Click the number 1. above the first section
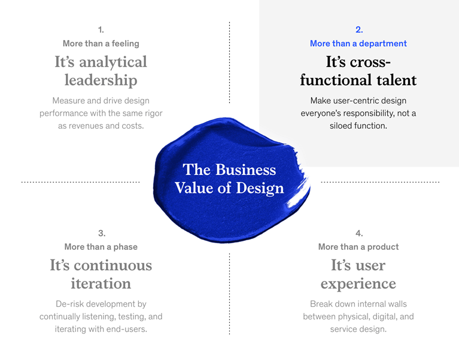pos(101,29)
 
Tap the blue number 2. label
pos(358,29)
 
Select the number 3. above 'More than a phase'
pos(101,233)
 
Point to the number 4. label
pos(358,233)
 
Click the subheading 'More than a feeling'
pos(101,44)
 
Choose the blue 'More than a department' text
pos(358,44)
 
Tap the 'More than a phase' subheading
pos(101,247)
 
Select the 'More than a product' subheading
pos(358,247)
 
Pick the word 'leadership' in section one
pos(101,80)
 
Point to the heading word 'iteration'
pos(101,283)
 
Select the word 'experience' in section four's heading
pos(358,283)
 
